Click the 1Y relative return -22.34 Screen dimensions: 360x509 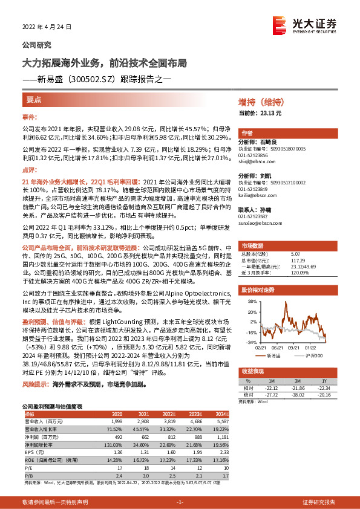(x=324, y=388)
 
